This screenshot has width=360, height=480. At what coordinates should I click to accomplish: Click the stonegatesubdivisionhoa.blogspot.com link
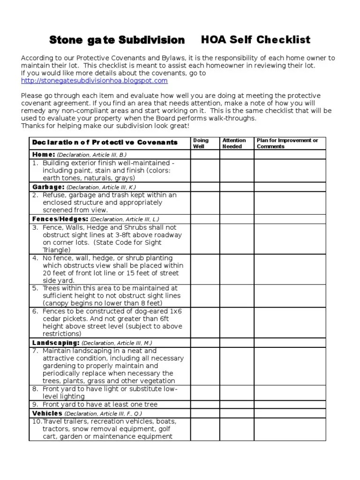[94, 81]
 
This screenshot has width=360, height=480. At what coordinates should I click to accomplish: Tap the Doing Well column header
[201, 143]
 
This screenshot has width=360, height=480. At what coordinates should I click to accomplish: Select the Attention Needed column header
[234, 143]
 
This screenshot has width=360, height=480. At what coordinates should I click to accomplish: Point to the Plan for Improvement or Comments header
[287, 143]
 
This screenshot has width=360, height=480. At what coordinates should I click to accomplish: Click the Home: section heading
[44, 154]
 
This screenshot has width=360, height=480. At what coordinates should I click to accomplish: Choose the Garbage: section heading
[48, 187]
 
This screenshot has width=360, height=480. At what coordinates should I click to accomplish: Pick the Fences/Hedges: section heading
[60, 219]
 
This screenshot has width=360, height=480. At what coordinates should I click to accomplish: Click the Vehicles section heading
[47, 413]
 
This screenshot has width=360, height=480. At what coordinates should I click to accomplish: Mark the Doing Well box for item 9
[205, 404]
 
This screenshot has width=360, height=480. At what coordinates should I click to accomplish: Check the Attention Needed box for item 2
[236, 202]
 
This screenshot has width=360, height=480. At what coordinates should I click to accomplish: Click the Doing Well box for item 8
[205, 392]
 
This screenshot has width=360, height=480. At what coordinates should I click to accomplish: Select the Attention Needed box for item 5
[236, 296]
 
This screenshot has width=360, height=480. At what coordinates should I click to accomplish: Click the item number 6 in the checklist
[35, 311]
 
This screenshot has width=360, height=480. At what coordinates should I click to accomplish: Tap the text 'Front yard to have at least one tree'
[100, 404]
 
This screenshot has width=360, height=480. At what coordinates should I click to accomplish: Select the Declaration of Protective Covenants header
[105, 142]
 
